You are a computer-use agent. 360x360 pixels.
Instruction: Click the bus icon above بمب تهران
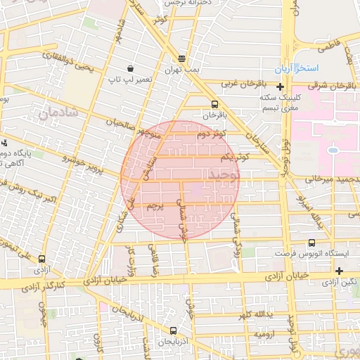tap(182, 59)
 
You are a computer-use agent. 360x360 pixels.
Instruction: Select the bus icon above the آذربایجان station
tap(173, 330)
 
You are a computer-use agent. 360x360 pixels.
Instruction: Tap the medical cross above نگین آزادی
tap(340, 271)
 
